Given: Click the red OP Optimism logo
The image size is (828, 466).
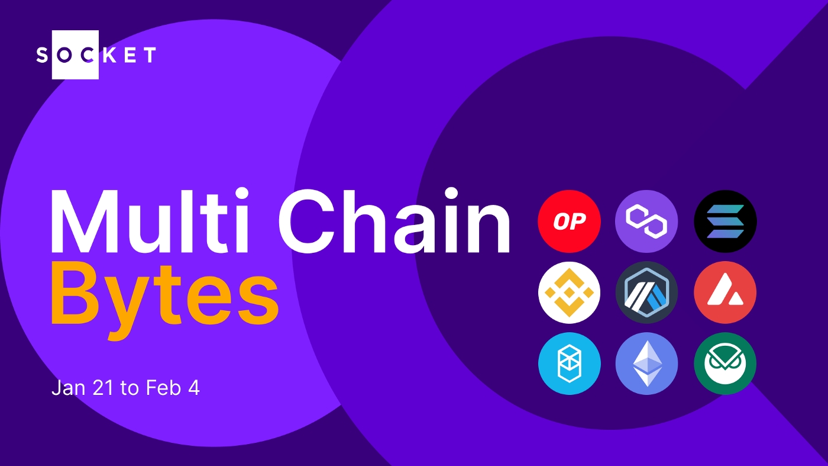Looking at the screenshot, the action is [x=569, y=221].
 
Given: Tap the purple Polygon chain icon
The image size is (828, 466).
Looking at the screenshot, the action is [x=646, y=221].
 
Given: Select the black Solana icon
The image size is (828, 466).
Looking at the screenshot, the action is [x=725, y=221].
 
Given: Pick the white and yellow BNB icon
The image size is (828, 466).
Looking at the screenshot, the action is [x=569, y=293].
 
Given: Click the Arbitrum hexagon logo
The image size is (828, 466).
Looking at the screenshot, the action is [x=646, y=293].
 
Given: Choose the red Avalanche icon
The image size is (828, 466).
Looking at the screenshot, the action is [x=725, y=293].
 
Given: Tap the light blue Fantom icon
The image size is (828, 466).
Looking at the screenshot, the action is [x=569, y=364].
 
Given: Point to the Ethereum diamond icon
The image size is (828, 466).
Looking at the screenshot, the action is [x=646, y=364].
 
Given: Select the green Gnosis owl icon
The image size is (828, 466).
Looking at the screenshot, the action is [x=725, y=364].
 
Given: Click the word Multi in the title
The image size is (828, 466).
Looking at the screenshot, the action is [x=150, y=221].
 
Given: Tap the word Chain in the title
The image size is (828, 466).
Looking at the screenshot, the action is [x=394, y=221].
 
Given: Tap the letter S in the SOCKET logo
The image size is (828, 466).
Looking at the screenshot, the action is [x=42, y=55].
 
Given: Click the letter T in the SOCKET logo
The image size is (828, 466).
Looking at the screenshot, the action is [x=150, y=55].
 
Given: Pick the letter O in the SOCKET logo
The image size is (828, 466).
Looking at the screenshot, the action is [x=64, y=55].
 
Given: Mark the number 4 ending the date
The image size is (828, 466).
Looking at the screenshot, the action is [x=194, y=388].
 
